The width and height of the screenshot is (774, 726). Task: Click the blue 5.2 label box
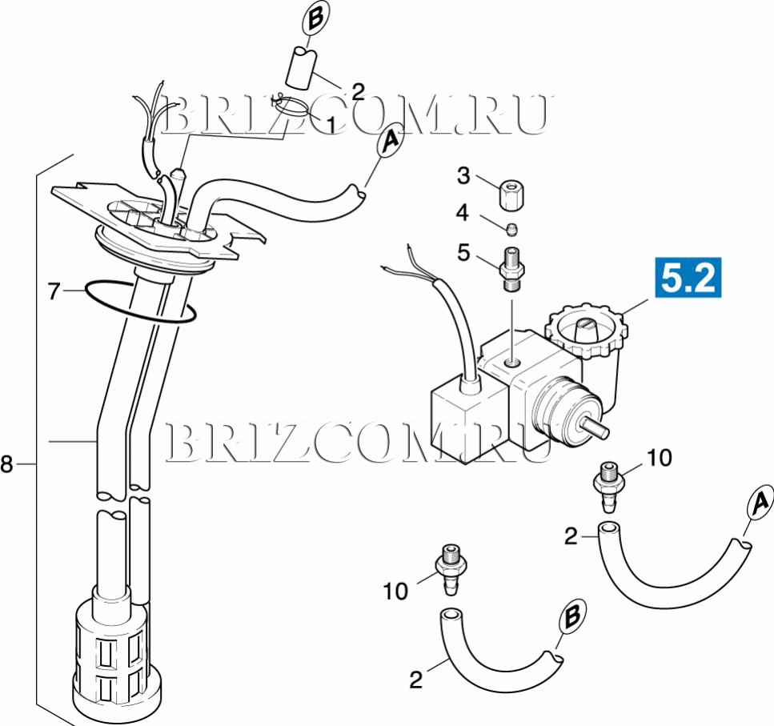pyautogui.click(x=688, y=278)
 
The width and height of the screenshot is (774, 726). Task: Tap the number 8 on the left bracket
pyautogui.click(x=6, y=464)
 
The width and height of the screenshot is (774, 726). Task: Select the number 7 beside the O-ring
pyautogui.click(x=54, y=291)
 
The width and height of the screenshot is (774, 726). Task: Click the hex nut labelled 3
pyautogui.click(x=512, y=195)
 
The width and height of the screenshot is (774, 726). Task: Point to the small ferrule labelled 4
pyautogui.click(x=512, y=229)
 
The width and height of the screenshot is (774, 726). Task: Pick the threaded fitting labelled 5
pyautogui.click(x=512, y=270)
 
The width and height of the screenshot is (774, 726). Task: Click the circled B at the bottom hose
pyautogui.click(x=572, y=616)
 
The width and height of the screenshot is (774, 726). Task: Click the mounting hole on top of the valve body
pyautogui.click(x=513, y=363)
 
